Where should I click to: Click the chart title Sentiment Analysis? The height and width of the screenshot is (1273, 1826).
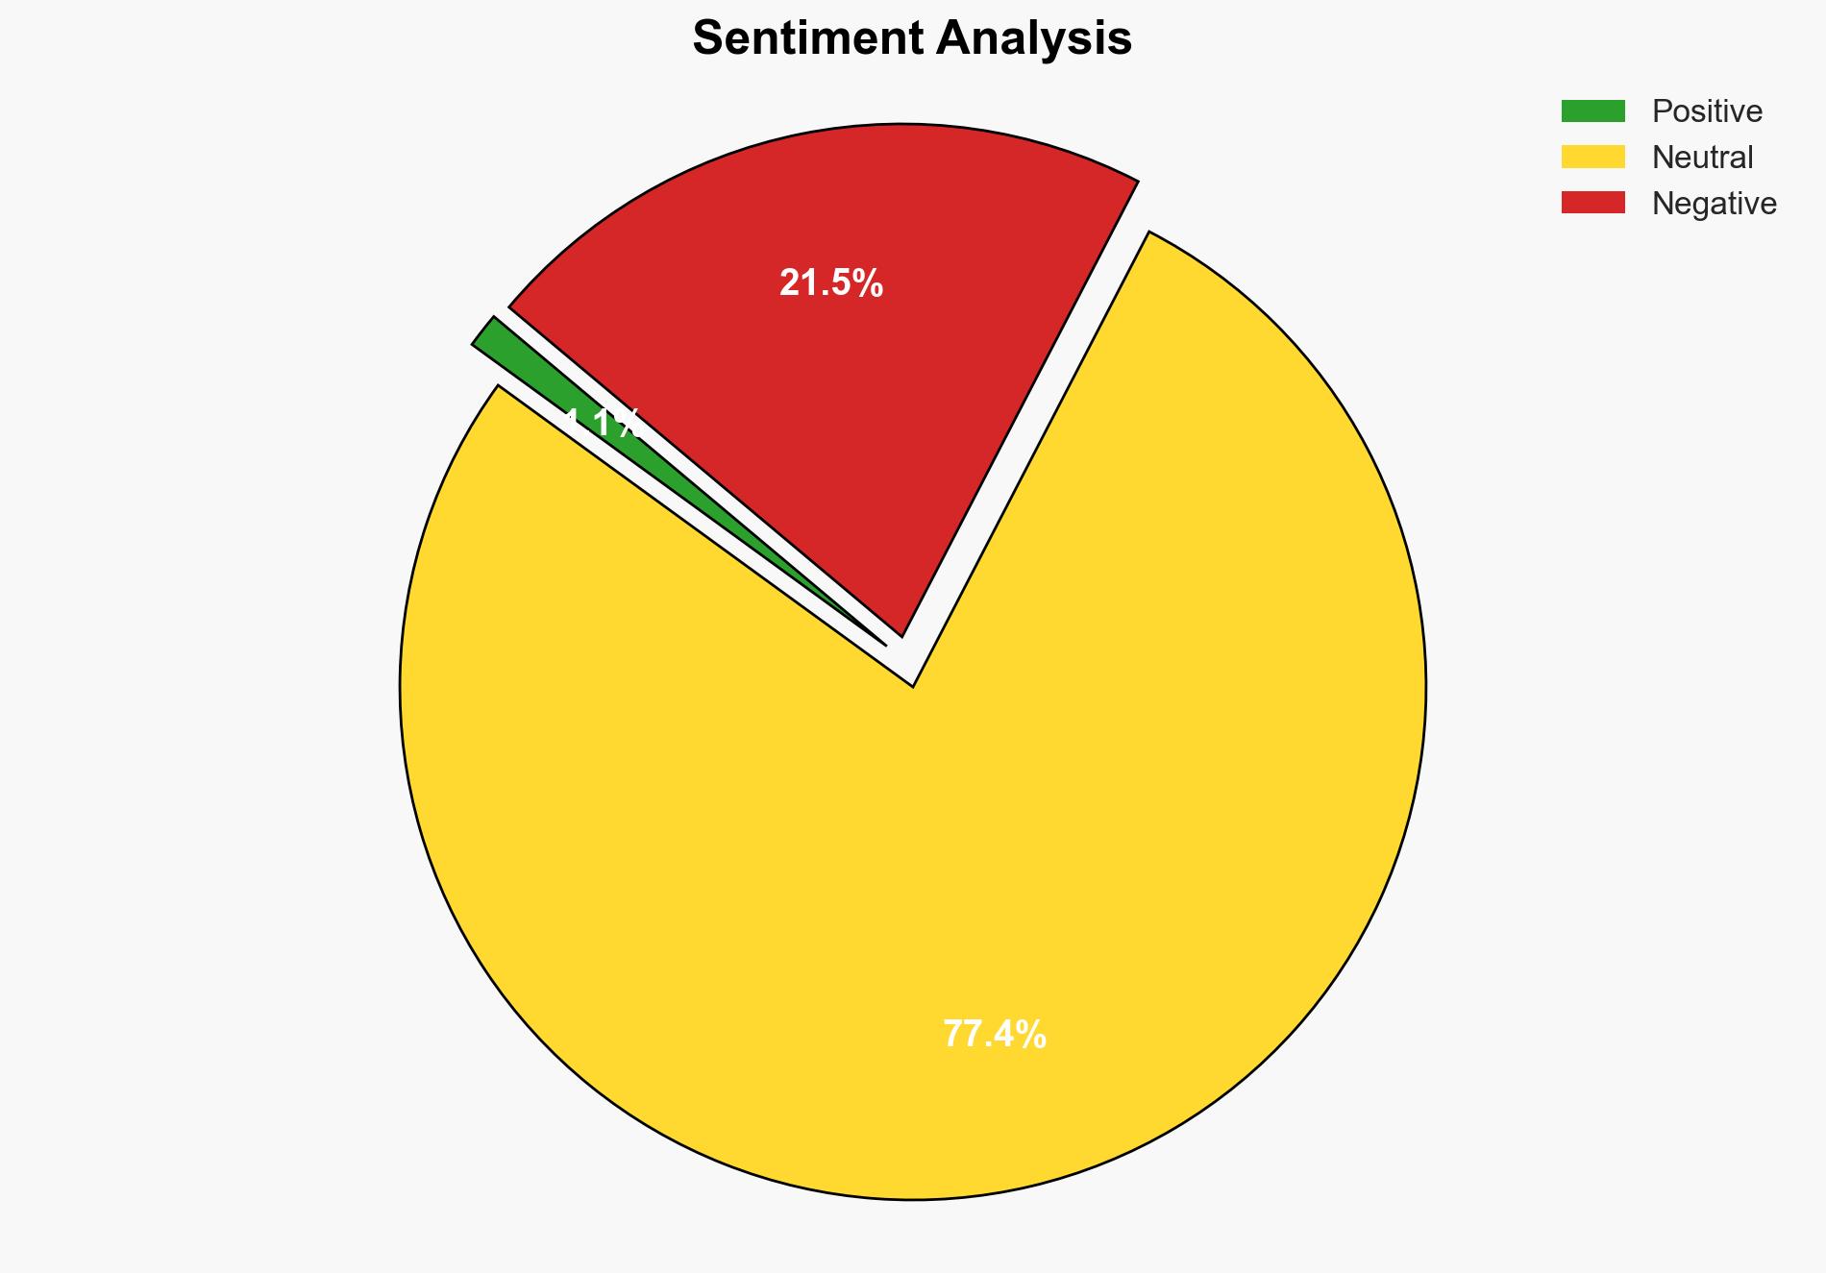point(912,39)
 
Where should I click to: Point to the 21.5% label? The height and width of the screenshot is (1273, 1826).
point(830,283)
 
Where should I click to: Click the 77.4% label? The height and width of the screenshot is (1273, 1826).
point(994,1035)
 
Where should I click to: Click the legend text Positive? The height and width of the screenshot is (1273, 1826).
point(1707,111)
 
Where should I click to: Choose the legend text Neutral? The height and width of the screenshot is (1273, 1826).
point(1702,158)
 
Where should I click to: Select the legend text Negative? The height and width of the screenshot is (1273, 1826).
point(1714,204)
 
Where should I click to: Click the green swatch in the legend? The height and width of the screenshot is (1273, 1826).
point(1592,111)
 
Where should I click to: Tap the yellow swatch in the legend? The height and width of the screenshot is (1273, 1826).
point(1592,157)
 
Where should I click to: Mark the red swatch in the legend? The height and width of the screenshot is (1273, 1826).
point(1592,203)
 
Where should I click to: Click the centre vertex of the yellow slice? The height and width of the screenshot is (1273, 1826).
point(911,684)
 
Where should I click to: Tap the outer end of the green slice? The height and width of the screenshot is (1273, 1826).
point(484,330)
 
